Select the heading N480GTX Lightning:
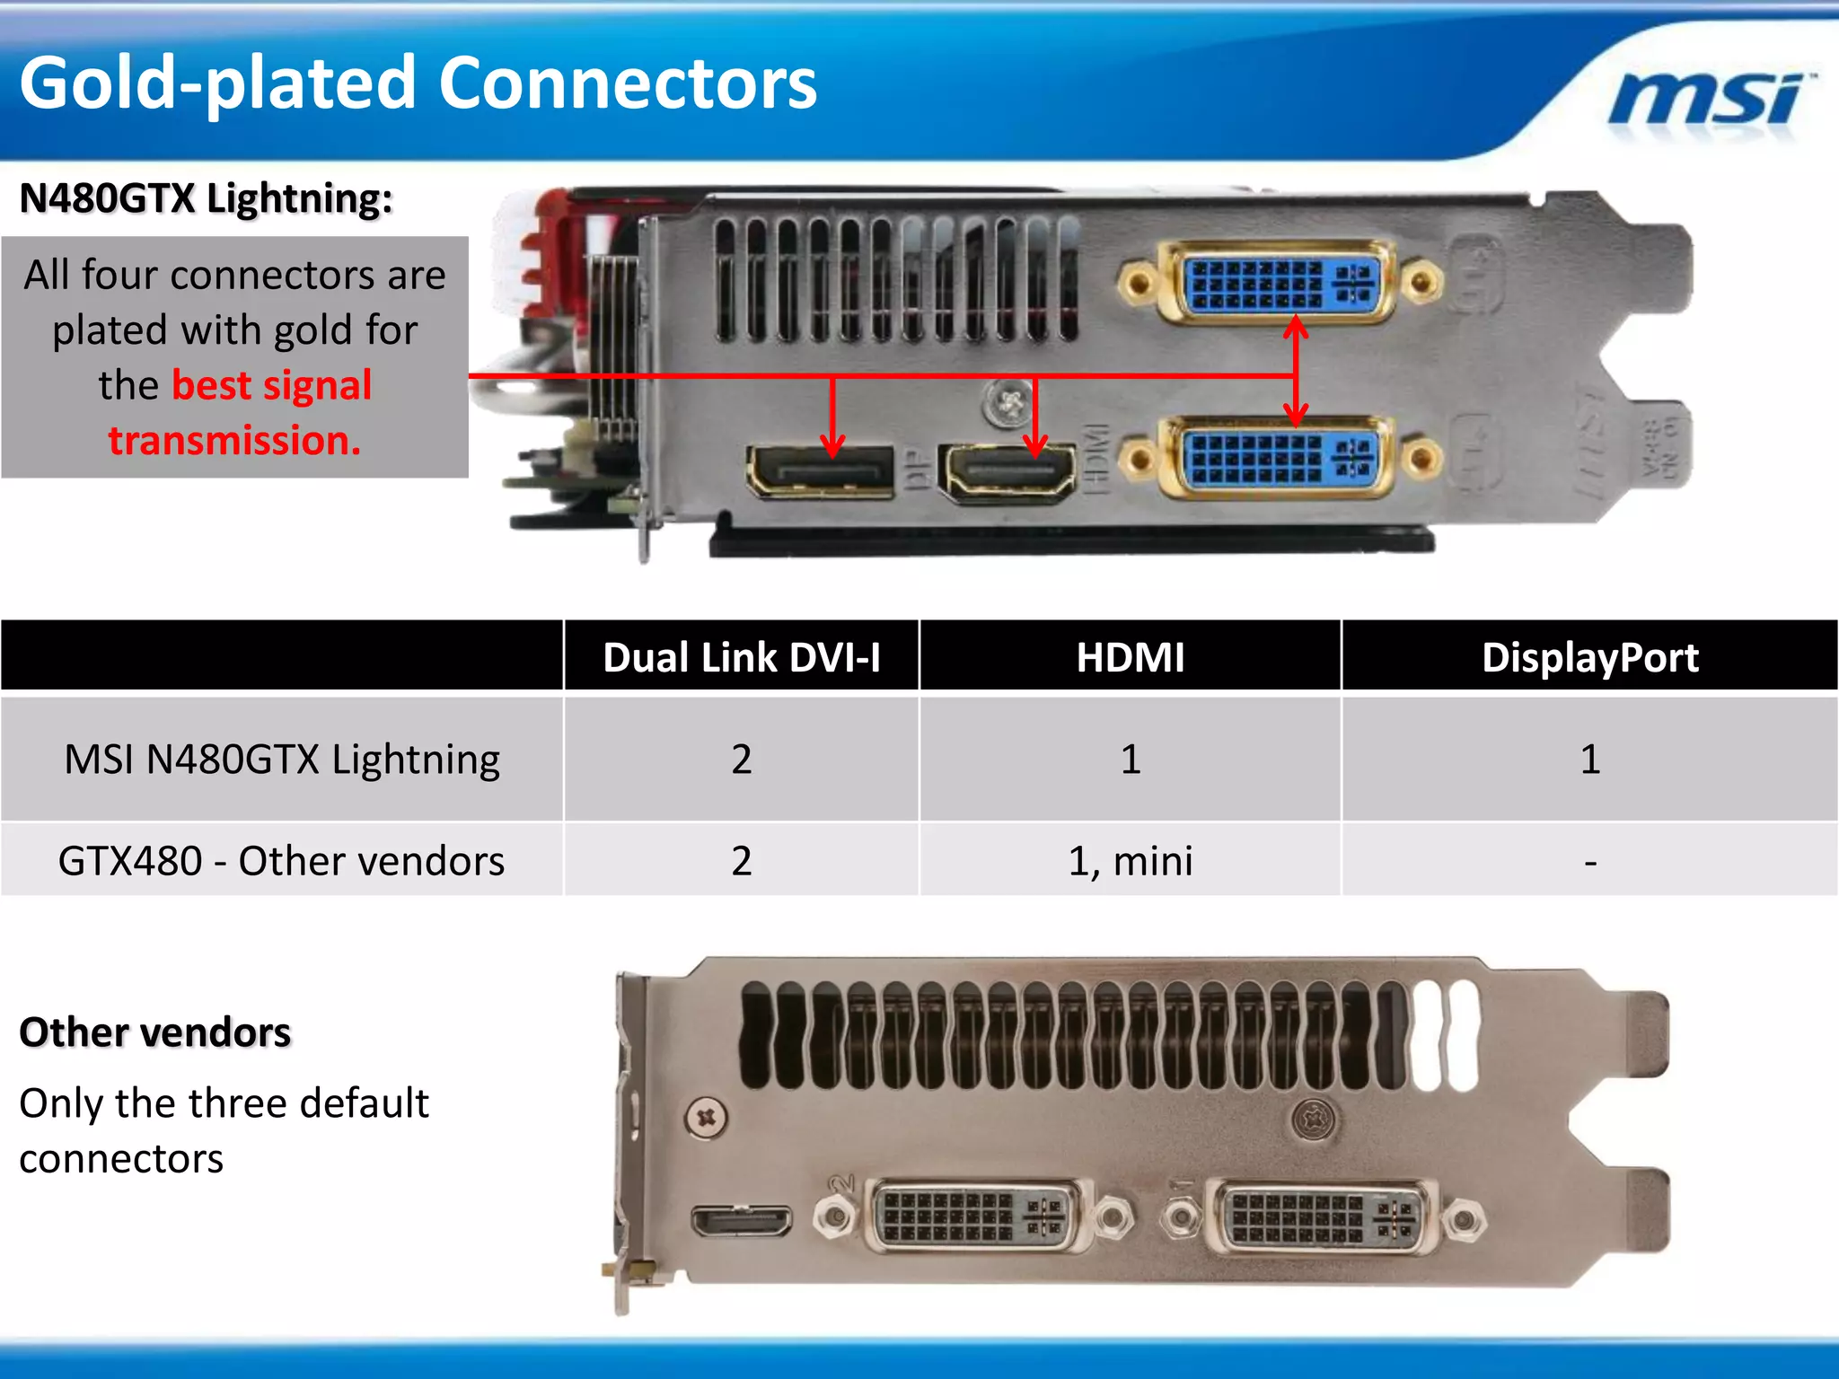pyautogui.click(x=206, y=198)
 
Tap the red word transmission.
pyautogui.click(x=234, y=440)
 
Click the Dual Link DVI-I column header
pyautogui.click(x=741, y=657)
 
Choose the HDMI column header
pyautogui.click(x=1130, y=657)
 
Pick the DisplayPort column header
pyautogui.click(x=1589, y=657)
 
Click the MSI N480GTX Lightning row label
pyautogui.click(x=282, y=760)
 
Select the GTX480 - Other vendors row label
pyautogui.click(x=282, y=861)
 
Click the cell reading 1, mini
pyautogui.click(x=1130, y=861)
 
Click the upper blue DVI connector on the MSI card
pyautogui.click(x=1280, y=283)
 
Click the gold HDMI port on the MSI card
pyautogui.click(x=1007, y=470)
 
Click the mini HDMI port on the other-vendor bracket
pyautogui.click(x=742, y=1221)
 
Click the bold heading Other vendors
pyautogui.click(x=155, y=1032)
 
